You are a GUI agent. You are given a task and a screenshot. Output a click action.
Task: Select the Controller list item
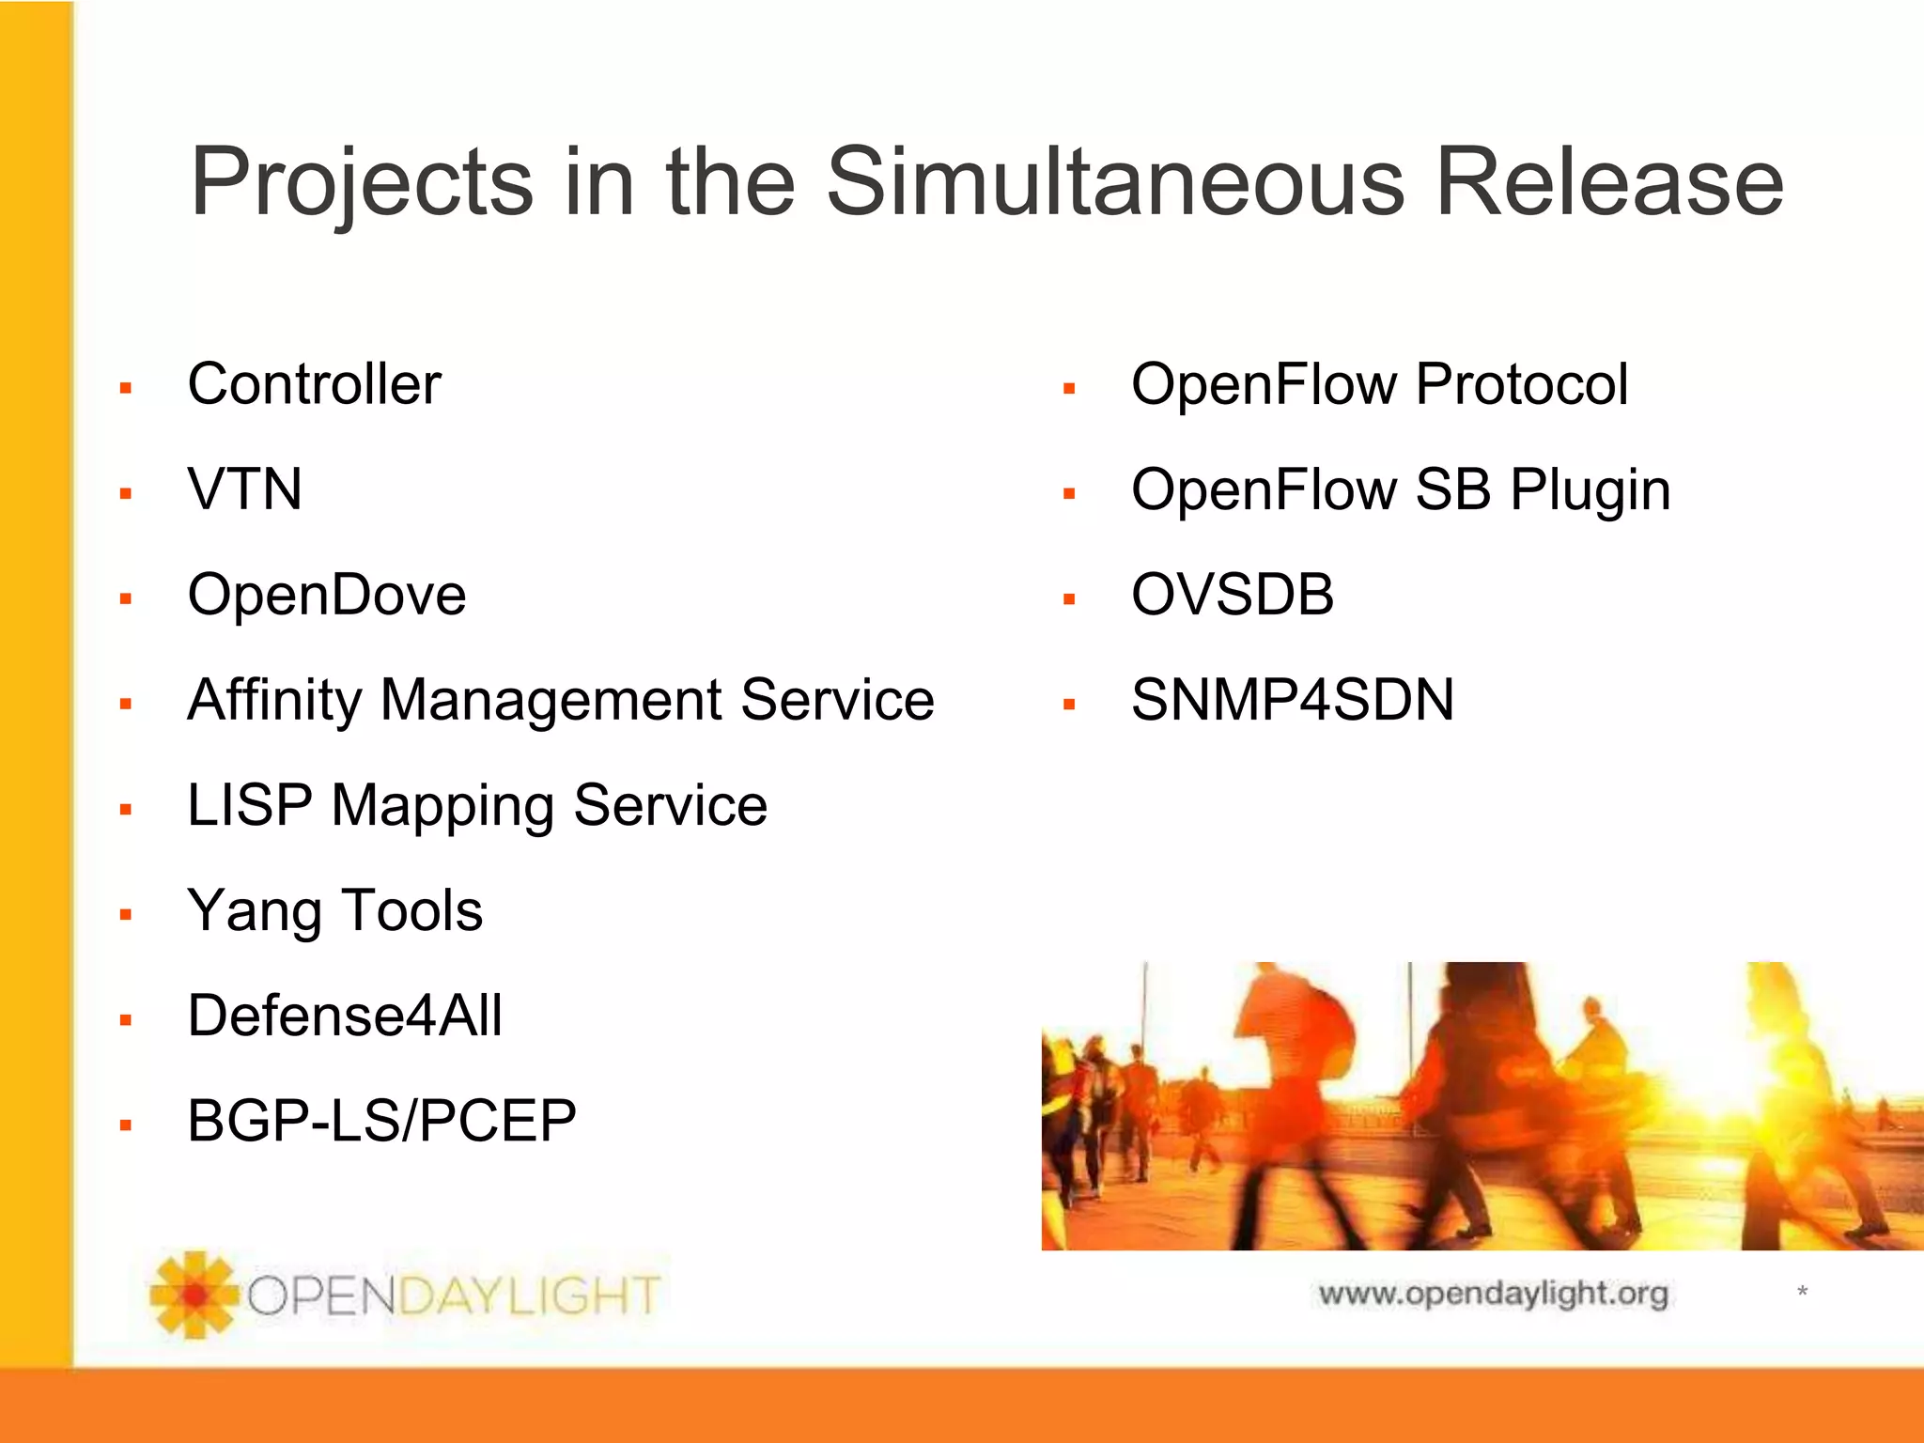coord(314,384)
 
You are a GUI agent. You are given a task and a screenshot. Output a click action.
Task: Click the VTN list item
coord(244,489)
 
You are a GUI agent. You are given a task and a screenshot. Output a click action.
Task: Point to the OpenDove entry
coord(326,595)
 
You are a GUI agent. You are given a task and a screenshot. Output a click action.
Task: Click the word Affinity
coord(273,701)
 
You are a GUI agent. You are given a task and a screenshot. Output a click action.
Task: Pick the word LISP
coord(249,806)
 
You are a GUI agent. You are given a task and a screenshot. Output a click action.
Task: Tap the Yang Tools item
coord(334,911)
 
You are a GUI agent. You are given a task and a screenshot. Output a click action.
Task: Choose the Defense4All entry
coord(345,1016)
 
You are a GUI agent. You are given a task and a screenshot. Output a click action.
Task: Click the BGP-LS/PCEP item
coord(381,1121)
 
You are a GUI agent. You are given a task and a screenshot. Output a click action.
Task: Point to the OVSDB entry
coord(1232,595)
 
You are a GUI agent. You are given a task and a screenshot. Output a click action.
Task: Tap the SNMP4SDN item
coord(1292,700)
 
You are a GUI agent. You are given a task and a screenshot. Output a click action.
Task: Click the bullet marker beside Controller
coord(126,388)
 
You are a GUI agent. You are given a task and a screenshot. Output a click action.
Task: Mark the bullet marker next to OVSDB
coord(1068,598)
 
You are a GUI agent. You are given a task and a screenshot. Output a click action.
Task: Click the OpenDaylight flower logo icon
coord(194,1294)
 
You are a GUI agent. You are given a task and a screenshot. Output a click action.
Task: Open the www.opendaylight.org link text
coord(1493,1294)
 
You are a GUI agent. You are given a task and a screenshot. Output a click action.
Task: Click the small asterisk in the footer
coord(1802,1292)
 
